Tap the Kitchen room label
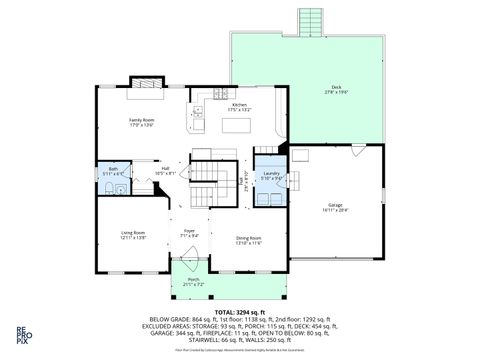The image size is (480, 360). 240,107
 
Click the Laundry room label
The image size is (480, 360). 270,175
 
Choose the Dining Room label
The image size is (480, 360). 248,239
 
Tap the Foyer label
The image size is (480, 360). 188,233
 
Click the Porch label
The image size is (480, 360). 194,281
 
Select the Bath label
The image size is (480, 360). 113,171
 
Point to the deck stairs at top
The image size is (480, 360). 311,21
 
